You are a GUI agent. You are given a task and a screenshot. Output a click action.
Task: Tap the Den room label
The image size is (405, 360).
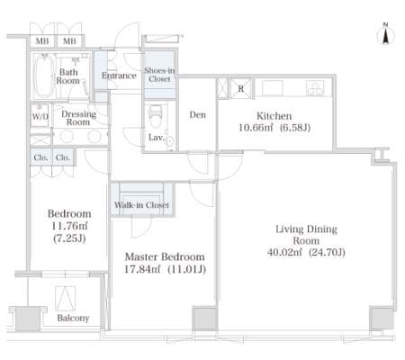[x=198, y=114]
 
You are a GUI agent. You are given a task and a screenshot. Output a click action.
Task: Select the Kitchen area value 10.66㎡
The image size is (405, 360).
[x=256, y=128]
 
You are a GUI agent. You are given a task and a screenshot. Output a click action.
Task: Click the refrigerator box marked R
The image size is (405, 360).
[x=240, y=88]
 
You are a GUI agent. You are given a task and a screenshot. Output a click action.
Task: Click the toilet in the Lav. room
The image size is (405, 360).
[x=155, y=116]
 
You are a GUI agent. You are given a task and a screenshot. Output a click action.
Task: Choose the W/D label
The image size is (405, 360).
[x=40, y=116]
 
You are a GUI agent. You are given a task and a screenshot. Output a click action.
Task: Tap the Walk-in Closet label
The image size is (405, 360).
[x=141, y=205]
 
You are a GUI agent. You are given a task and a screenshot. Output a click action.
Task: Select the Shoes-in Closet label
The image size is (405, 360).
[x=159, y=75]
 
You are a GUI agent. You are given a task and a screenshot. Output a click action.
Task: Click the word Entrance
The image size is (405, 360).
[x=119, y=76]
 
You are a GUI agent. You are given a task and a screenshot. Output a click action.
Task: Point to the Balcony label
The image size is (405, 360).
[x=73, y=318]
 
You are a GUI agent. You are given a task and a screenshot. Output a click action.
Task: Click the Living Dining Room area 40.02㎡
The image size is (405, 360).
[x=284, y=252]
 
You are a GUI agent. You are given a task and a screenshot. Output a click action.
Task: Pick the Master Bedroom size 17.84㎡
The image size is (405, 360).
[x=142, y=269]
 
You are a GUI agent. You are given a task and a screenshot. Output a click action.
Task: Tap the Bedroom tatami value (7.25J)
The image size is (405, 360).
[x=69, y=238]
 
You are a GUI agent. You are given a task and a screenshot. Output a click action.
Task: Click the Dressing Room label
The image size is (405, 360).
[x=78, y=118]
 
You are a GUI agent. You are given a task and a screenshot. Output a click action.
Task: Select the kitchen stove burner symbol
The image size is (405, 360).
[x=315, y=88]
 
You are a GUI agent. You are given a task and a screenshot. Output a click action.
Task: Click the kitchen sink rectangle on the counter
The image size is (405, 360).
[x=272, y=88]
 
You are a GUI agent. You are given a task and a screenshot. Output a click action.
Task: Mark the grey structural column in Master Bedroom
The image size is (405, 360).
[x=204, y=319]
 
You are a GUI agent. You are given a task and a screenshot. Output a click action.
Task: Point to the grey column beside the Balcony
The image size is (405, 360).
[x=28, y=319]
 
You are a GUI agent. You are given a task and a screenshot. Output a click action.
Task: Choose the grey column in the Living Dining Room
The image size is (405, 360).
[x=382, y=319]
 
